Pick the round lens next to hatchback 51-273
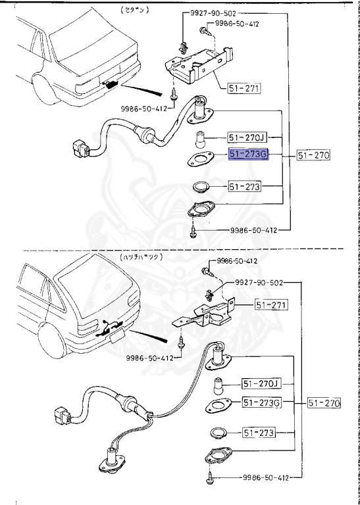[x=218, y=433]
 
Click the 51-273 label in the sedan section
[x=245, y=187]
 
